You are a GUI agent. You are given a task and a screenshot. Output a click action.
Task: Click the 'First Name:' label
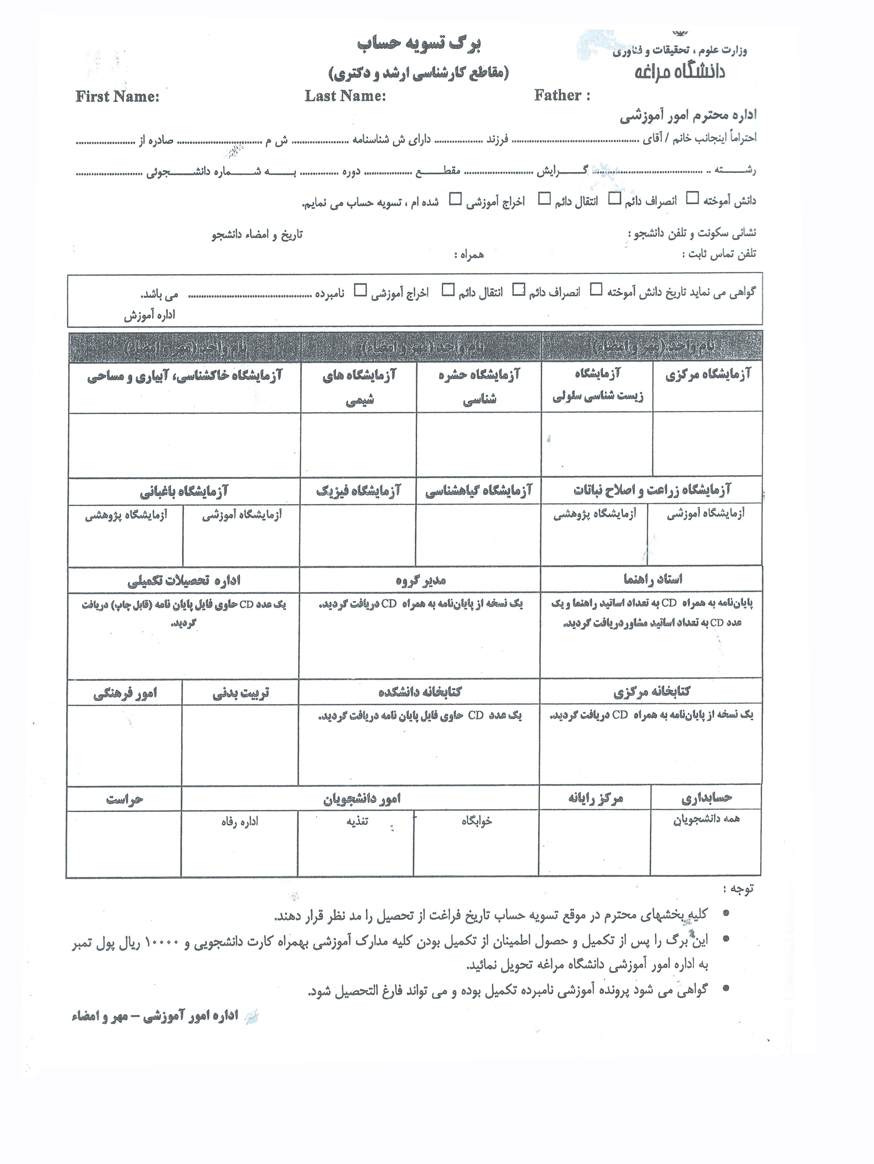click(117, 96)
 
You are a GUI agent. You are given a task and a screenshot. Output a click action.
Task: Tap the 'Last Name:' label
click(345, 96)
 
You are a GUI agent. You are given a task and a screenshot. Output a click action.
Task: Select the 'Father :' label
click(562, 95)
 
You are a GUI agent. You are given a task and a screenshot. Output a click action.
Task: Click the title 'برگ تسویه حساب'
click(419, 44)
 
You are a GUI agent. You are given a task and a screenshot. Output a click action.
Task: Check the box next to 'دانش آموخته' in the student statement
click(693, 198)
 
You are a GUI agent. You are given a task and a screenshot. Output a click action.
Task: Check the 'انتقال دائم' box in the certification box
click(448, 290)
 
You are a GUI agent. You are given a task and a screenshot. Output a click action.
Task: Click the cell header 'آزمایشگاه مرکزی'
click(708, 375)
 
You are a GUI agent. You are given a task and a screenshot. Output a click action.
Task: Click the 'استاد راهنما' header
click(653, 579)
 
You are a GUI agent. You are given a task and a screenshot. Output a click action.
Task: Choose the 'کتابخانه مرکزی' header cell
click(651, 691)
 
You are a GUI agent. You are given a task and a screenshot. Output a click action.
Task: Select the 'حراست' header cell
click(124, 800)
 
